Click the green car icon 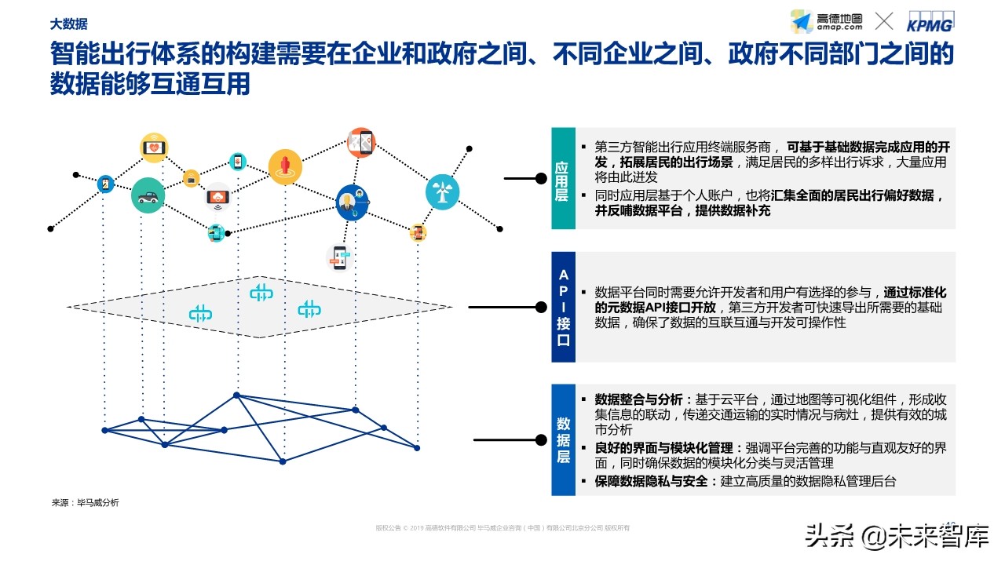(x=148, y=195)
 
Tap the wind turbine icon (x=442, y=191)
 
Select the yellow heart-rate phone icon (x=154, y=148)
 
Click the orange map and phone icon (x=361, y=143)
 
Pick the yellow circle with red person (x=285, y=166)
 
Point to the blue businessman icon (x=351, y=202)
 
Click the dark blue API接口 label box (x=562, y=307)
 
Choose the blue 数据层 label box (x=562, y=439)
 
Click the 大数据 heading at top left (x=69, y=24)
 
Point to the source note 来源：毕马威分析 (x=85, y=502)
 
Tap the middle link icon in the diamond (x=261, y=293)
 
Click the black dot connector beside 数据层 (x=541, y=440)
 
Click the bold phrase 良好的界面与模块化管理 (x=664, y=447)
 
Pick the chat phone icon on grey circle (x=338, y=257)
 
